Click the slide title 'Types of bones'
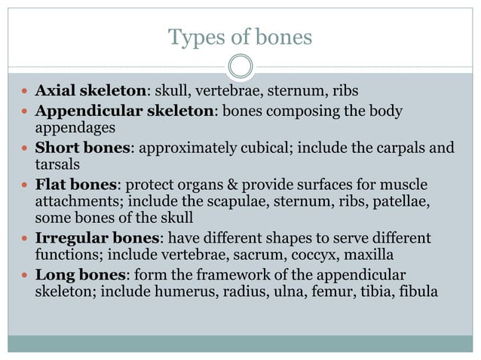coord(240,36)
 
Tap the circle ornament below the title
coord(240,67)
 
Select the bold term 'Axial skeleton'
coord(90,91)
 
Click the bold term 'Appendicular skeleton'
coord(126,111)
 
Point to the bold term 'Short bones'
coord(83,147)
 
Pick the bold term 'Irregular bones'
coord(93,238)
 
